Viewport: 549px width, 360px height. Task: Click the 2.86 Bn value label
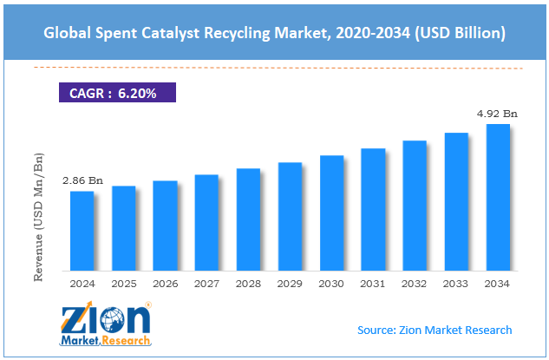coord(82,181)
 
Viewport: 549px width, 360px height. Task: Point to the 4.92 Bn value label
coord(498,114)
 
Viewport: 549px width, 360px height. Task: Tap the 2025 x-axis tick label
coord(123,283)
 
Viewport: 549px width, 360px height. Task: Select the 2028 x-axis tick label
coord(248,283)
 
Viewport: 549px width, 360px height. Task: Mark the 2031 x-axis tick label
coord(373,283)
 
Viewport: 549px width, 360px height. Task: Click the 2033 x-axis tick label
coord(456,283)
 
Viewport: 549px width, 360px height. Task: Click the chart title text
coord(274,32)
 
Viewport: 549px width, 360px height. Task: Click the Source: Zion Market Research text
coord(435,330)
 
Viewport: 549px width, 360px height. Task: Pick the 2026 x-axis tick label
coord(165,283)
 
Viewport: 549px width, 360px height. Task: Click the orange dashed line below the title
coord(274,68)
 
